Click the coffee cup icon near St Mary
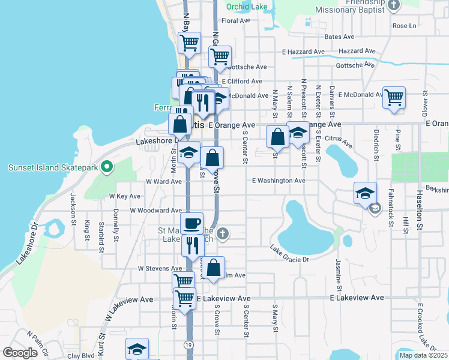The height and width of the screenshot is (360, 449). click(192, 224)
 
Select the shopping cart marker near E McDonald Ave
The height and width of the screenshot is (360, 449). click(394, 97)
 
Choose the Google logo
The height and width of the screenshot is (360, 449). click(20, 353)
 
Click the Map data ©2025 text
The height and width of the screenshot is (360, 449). click(423, 355)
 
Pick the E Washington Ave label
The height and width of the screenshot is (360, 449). click(279, 180)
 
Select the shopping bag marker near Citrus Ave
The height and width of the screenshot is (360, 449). click(278, 137)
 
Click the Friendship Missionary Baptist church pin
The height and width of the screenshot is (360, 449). click(394, 5)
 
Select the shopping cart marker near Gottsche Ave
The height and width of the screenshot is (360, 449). click(220, 57)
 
